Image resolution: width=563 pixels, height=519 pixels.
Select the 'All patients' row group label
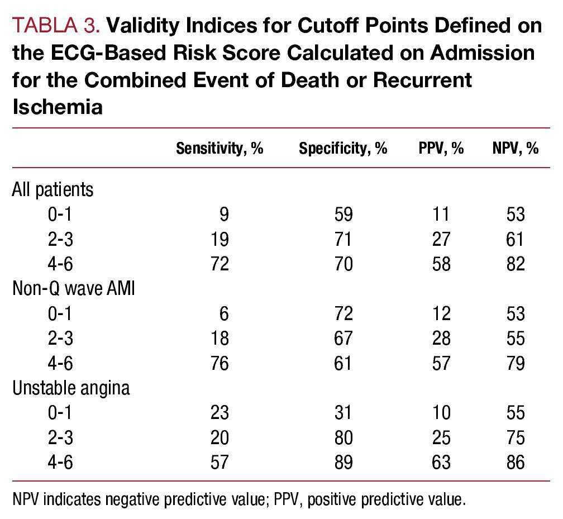(x=53, y=189)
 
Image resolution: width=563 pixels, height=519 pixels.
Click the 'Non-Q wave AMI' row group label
(x=73, y=289)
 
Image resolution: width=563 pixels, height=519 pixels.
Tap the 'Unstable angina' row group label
(x=71, y=388)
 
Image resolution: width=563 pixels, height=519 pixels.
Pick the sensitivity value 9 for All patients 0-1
(x=225, y=215)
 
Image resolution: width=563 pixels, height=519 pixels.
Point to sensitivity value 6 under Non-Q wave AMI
(x=225, y=313)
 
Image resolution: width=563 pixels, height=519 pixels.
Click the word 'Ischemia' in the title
(x=58, y=106)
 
